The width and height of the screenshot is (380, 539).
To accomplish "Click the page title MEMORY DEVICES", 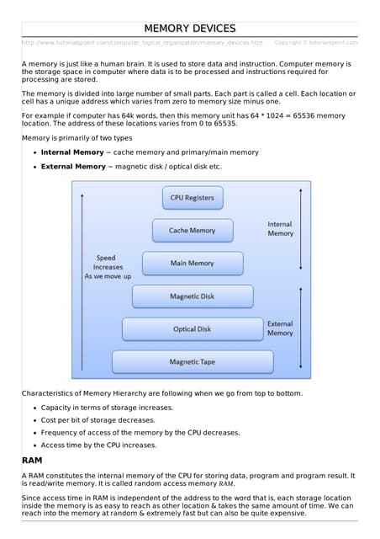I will tap(190, 29).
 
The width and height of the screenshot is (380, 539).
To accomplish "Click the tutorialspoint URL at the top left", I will tap(141, 42).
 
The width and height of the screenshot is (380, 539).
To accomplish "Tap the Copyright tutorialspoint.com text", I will tap(316, 42).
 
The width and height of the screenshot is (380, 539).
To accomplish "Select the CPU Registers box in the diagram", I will tap(192, 198).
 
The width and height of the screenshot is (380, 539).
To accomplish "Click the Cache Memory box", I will tap(192, 230).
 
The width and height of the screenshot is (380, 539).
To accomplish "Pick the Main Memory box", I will tap(192, 263).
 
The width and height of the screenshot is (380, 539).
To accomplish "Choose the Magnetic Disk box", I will tap(192, 296).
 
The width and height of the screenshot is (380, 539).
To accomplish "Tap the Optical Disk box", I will tap(192, 329).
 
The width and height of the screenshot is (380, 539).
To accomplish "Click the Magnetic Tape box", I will tap(192, 362).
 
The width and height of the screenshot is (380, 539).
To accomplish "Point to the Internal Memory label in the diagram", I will tap(280, 228).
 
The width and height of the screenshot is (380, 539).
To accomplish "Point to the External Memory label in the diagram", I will tap(280, 328).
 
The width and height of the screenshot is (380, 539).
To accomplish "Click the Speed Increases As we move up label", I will tap(108, 267).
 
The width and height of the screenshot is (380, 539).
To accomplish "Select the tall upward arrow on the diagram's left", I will tap(82, 278).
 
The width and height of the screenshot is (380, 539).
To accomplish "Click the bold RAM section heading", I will tap(32, 461).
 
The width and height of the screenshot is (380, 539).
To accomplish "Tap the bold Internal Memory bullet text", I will tap(73, 152).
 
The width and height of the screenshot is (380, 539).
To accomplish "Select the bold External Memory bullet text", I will tap(73, 167).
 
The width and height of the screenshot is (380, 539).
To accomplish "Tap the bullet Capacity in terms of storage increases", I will tap(107, 408).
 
